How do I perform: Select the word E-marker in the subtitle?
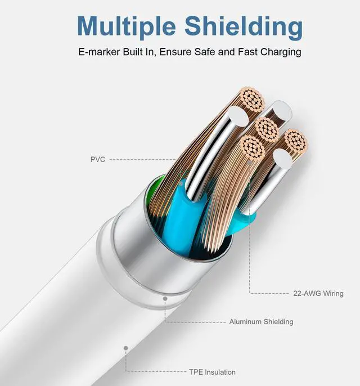click(x=98, y=52)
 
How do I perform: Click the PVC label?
click(x=97, y=159)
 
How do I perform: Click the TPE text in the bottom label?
click(x=196, y=372)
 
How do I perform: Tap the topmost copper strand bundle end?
click(x=251, y=101)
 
